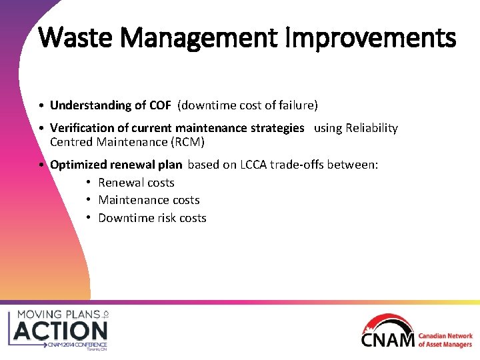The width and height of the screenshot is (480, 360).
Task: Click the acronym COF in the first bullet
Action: pos(159,105)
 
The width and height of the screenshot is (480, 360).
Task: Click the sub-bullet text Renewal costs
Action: pos(136,183)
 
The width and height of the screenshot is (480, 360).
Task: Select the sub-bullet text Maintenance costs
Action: pos(149,200)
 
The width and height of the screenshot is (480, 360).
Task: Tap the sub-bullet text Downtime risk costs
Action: pos(152,218)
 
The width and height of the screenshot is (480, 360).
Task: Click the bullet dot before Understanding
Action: pos(42,106)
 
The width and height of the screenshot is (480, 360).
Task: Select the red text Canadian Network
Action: pos(445,337)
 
